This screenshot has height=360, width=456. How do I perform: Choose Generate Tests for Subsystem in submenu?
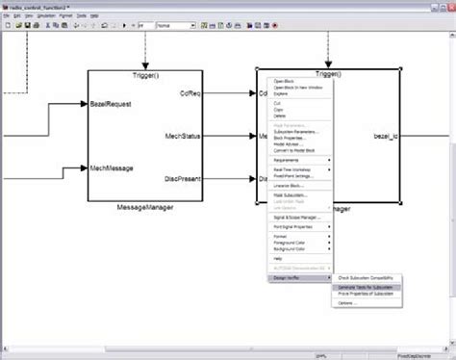coord(369,287)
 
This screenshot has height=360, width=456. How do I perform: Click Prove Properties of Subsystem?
coord(367,295)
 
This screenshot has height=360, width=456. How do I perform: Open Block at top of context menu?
coord(286,81)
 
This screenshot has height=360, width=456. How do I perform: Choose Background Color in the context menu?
coord(292,249)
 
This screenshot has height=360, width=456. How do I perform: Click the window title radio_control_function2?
coord(39,5)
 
